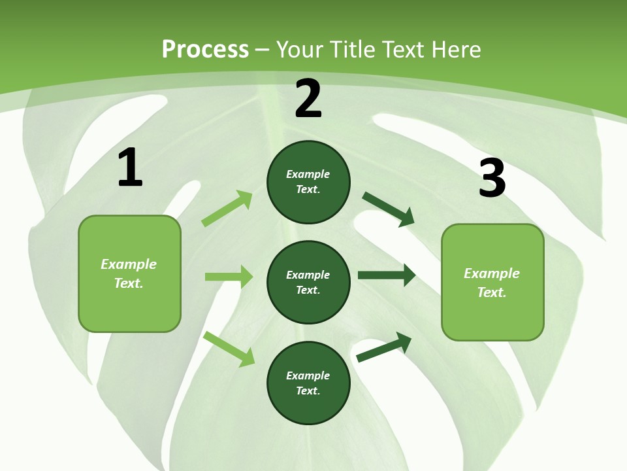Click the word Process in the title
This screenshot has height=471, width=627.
[205, 50]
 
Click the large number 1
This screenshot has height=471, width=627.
[130, 167]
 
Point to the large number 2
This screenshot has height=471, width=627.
[308, 98]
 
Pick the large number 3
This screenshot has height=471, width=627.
[492, 178]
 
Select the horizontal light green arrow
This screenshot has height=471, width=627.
[229, 277]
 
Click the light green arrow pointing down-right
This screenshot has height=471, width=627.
[229, 348]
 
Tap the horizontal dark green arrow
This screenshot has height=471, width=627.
[387, 275]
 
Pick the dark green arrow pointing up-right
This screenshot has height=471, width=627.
[384, 347]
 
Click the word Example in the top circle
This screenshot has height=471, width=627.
[308, 175]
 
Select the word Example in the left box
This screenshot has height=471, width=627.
[129, 264]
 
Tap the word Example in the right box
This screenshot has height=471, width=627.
[492, 273]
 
